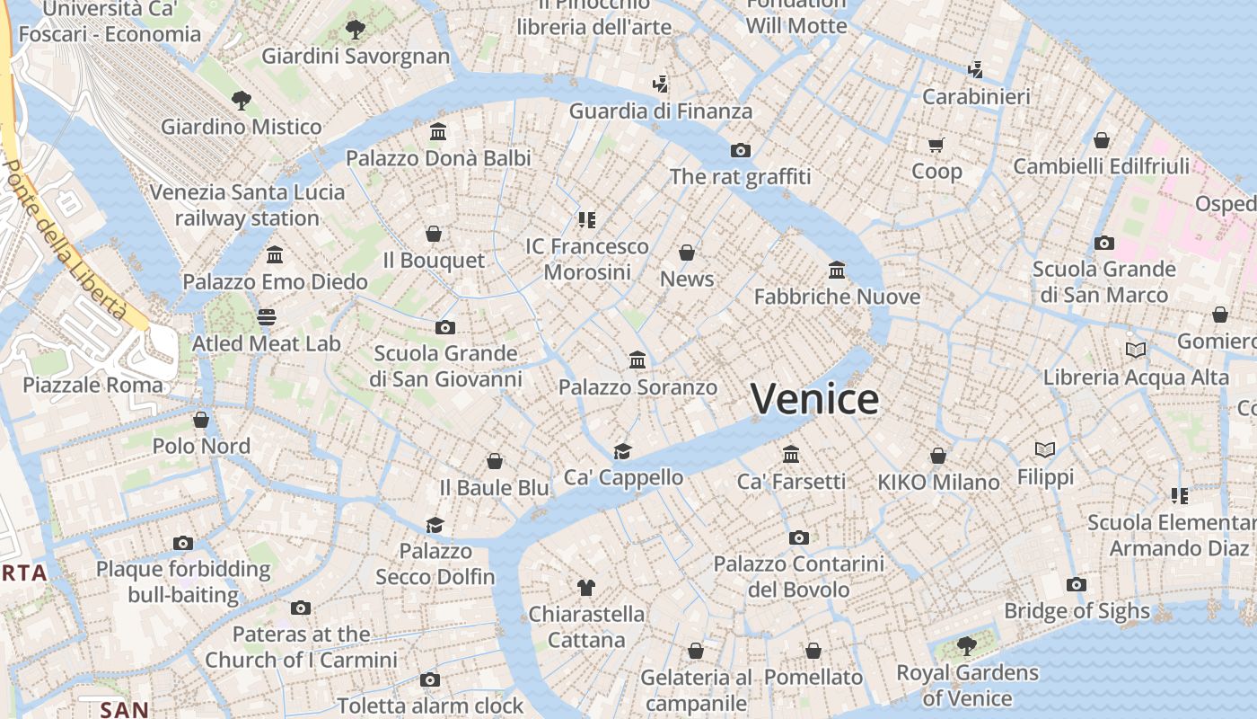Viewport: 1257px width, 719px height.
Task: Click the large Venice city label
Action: [x=814, y=399]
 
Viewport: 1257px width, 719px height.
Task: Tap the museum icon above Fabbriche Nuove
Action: [x=837, y=270]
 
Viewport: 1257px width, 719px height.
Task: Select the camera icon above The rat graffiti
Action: [x=740, y=150]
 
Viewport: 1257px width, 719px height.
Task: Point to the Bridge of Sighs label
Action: [x=1077, y=611]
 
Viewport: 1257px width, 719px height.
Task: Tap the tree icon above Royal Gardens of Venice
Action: [x=966, y=645]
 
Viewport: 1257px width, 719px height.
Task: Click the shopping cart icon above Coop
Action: [x=936, y=144]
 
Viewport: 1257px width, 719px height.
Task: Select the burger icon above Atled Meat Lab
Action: [x=266, y=316]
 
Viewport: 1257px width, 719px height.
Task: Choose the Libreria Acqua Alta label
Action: [x=1136, y=377]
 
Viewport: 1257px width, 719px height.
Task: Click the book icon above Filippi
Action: [x=1045, y=449]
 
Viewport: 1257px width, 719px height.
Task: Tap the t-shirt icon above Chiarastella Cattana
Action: [x=586, y=588]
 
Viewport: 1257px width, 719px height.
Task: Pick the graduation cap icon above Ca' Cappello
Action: [x=622, y=450]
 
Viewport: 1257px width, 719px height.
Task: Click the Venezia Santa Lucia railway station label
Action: [x=247, y=205]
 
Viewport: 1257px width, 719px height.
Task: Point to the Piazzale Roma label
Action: [x=93, y=385]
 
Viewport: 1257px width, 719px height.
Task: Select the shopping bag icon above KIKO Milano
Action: [x=938, y=456]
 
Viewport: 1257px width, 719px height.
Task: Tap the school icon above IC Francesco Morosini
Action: [x=587, y=219]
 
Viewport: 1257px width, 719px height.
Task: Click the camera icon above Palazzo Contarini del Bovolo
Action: [x=798, y=537]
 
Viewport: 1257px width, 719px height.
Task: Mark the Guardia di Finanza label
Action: [x=661, y=111]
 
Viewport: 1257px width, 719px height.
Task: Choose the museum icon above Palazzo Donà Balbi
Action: [x=438, y=132]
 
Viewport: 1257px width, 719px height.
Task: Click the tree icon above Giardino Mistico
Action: [x=241, y=100]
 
